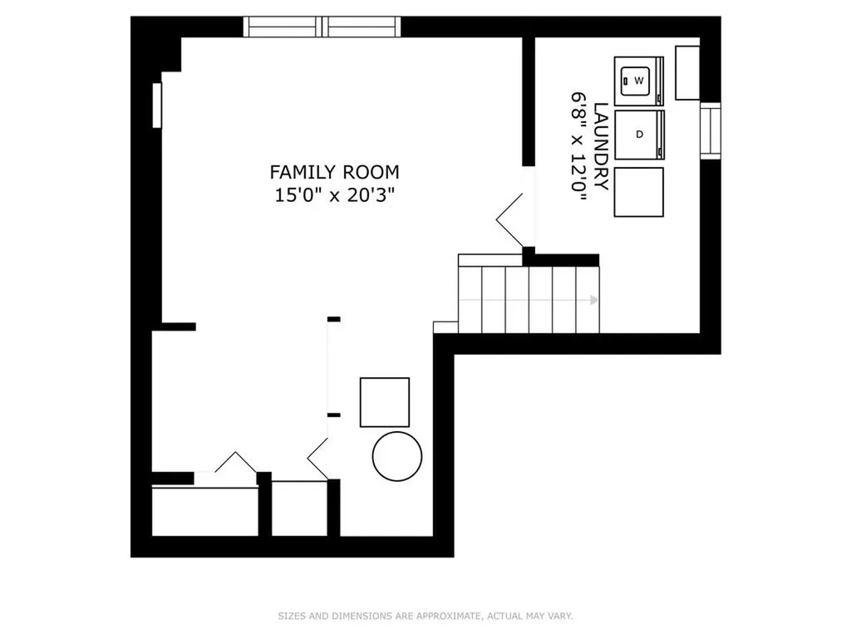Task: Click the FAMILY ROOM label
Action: pyautogui.click(x=334, y=172)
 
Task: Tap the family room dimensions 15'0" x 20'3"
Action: pyautogui.click(x=334, y=194)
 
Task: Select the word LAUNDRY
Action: pyautogui.click(x=601, y=146)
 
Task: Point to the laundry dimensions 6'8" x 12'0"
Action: pyautogui.click(x=578, y=146)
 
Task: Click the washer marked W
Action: pyautogui.click(x=639, y=81)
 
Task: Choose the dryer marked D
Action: pyautogui.click(x=639, y=135)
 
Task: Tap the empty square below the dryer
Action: pyautogui.click(x=639, y=192)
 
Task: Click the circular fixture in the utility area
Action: pyautogui.click(x=396, y=456)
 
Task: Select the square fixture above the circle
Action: pyautogui.click(x=385, y=402)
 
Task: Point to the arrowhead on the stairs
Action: pyautogui.click(x=595, y=300)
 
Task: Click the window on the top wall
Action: pyautogui.click(x=322, y=27)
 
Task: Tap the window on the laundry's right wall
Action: pyautogui.click(x=711, y=130)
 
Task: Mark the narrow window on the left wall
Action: pyautogui.click(x=157, y=106)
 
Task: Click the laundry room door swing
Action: pyautogui.click(x=510, y=219)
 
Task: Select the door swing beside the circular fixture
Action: pyautogui.click(x=318, y=459)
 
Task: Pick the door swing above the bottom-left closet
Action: pyautogui.click(x=235, y=462)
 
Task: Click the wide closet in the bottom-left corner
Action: pyautogui.click(x=205, y=512)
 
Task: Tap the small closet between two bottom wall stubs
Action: pyautogui.click(x=299, y=508)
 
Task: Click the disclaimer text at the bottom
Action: pyautogui.click(x=425, y=616)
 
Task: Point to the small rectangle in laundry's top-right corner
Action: pyautogui.click(x=687, y=73)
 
